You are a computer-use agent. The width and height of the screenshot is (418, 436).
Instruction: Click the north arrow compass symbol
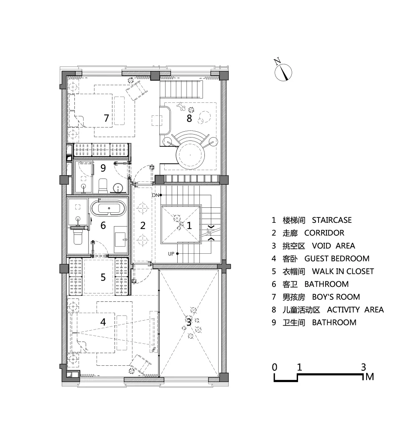pyautogui.click(x=283, y=71)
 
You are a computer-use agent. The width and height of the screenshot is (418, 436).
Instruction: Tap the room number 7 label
pyautogui.click(x=106, y=118)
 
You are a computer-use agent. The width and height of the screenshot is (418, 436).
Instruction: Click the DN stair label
pyautogui.click(x=155, y=195)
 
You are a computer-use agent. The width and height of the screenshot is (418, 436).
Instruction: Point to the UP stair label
pyautogui.click(x=171, y=254)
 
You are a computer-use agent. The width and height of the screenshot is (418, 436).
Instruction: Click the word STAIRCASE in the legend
pyautogui.click(x=332, y=220)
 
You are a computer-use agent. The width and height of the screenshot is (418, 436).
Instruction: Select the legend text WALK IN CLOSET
pyautogui.click(x=343, y=271)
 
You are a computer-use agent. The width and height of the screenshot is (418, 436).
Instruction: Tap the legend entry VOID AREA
pyautogui.click(x=334, y=246)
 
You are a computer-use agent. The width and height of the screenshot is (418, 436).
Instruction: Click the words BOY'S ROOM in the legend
pyautogui.click(x=336, y=297)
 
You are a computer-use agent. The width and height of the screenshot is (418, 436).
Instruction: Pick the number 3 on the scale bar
pyautogui.click(x=363, y=367)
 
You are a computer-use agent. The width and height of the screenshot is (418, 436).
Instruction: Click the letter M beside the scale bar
pyautogui.click(x=370, y=377)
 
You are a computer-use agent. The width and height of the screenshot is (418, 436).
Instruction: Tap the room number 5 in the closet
pyautogui.click(x=103, y=277)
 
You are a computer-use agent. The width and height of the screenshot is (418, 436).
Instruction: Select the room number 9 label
pyautogui.click(x=103, y=168)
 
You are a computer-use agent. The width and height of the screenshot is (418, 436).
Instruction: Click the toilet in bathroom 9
pyautogui.click(x=103, y=186)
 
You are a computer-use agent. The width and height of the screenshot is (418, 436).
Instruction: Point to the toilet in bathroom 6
pyautogui.click(x=78, y=237)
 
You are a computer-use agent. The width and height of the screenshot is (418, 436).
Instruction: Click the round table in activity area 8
pyautogui.click(x=190, y=155)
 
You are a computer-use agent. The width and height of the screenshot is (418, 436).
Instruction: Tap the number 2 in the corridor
pyautogui.click(x=143, y=225)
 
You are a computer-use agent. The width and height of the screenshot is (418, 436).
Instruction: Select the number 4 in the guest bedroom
pyautogui.click(x=103, y=322)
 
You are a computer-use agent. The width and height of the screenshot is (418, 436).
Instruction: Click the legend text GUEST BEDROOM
pyautogui.click(x=337, y=259)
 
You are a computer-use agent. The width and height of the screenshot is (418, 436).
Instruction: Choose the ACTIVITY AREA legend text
pyautogui.click(x=355, y=310)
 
